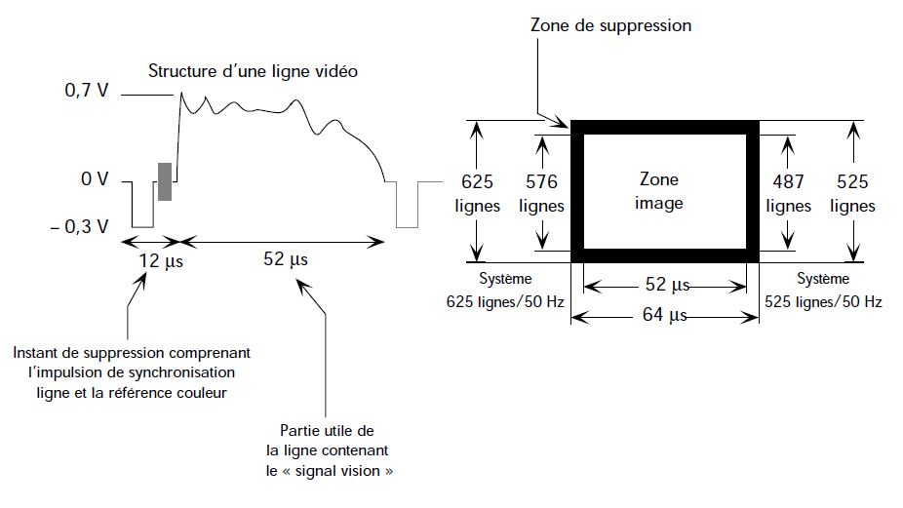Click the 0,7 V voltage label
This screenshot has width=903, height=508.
85,91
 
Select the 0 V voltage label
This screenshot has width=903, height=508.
95,180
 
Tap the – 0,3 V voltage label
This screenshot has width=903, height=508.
86,226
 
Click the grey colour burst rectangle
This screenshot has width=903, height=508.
166,182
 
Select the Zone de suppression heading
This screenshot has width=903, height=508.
611,25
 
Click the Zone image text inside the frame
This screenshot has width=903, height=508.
659,192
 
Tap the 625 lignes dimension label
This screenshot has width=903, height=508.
478,194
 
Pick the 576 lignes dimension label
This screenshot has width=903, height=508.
541,194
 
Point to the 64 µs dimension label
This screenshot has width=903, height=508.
664,315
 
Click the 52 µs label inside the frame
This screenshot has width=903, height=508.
667,286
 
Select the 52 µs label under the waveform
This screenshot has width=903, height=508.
286,259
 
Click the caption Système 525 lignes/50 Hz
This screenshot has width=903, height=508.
825,291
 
